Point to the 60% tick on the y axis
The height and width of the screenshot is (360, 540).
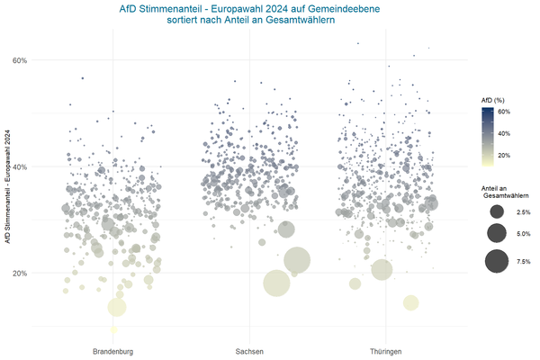click(x=20, y=60)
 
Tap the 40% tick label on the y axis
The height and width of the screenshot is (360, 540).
click(x=20, y=166)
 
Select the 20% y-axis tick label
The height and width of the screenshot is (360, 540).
click(x=20, y=273)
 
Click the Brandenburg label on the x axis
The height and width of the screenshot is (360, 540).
click(x=113, y=350)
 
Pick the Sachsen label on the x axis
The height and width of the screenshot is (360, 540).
click(x=249, y=350)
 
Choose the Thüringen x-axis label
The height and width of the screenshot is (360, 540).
click(x=384, y=350)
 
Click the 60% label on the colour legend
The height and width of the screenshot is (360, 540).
click(x=504, y=112)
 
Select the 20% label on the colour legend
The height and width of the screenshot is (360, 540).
click(x=504, y=155)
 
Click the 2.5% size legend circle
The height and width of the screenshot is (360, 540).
click(x=494, y=211)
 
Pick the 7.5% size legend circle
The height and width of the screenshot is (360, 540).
click(x=494, y=262)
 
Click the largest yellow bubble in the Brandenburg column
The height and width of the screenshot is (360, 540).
click(x=117, y=307)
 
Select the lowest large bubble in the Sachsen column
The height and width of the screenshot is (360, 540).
click(x=276, y=283)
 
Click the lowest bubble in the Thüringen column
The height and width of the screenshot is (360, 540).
click(x=410, y=302)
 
